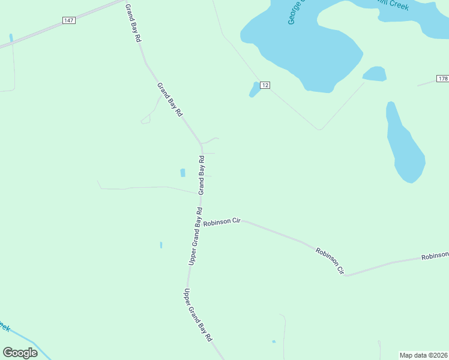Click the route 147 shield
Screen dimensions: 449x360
click(x=69, y=20)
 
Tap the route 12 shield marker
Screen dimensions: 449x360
click(x=265, y=86)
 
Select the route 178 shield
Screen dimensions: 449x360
click(x=442, y=79)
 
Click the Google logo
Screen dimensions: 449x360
click(x=20, y=353)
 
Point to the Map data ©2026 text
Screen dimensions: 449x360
click(x=424, y=355)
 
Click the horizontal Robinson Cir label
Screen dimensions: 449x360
click(x=221, y=222)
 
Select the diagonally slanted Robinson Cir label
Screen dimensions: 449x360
click(x=330, y=260)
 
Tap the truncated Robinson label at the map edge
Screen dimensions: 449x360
click(x=435, y=256)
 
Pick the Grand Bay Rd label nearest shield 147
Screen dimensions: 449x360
click(x=133, y=22)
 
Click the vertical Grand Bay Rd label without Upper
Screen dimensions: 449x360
click(x=202, y=175)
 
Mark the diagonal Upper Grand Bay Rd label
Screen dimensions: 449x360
click(x=198, y=314)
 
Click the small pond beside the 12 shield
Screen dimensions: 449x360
click(x=254, y=89)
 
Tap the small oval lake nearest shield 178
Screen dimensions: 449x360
click(x=375, y=74)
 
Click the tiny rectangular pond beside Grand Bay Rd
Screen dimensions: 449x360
click(x=182, y=173)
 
